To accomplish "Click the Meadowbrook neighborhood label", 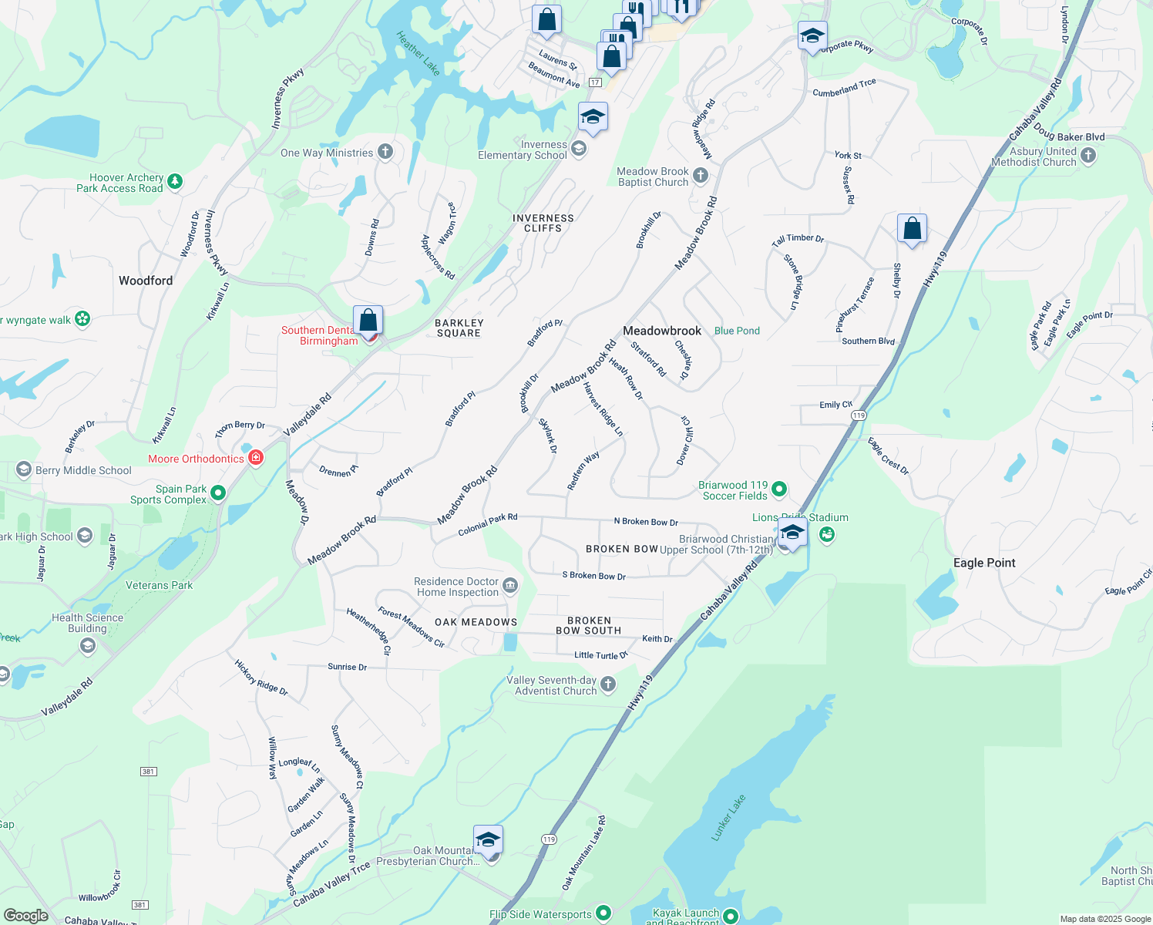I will [x=662, y=331].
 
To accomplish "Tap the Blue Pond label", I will [x=737, y=331].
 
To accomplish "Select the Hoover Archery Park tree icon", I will [x=175, y=182].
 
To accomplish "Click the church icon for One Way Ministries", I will [x=385, y=152].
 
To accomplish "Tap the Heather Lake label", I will [x=419, y=53].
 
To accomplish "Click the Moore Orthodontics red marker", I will [x=256, y=458].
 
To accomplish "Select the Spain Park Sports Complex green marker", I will [x=218, y=493].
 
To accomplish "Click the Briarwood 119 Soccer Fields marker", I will [x=779, y=489].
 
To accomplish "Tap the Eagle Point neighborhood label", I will [x=984, y=563].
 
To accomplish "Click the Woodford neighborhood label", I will [x=146, y=281].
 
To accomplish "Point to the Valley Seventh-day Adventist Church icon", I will [x=608, y=684].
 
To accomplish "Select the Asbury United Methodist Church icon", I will [x=1087, y=156].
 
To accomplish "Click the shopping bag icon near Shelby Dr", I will [x=912, y=229].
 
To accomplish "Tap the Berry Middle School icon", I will [x=23, y=469].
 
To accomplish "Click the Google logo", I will [x=26, y=916].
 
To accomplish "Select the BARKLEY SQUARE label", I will [x=459, y=328].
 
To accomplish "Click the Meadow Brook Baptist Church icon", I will [x=700, y=176].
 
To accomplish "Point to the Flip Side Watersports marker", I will [x=603, y=913].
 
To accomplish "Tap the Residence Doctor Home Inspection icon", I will [x=510, y=587].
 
